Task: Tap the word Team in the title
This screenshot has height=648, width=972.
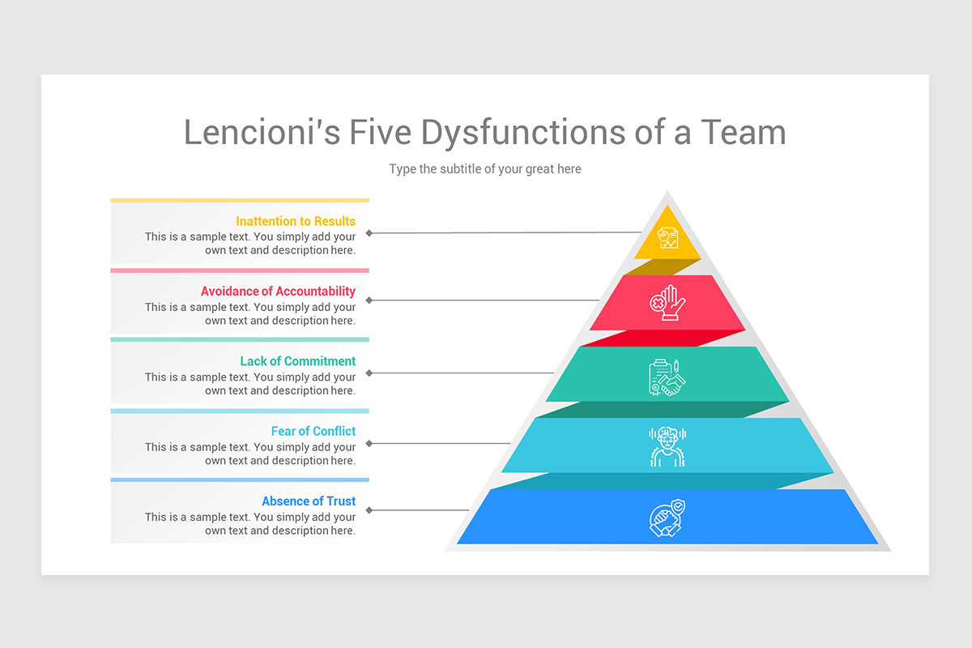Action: click(744, 132)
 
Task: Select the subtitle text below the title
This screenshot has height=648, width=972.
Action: click(485, 168)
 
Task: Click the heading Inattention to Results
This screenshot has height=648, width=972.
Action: click(296, 221)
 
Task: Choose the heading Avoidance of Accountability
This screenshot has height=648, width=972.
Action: click(278, 292)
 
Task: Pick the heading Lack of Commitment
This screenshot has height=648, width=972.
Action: click(298, 361)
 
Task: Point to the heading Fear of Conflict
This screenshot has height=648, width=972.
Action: click(313, 431)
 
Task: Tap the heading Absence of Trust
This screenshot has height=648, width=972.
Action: click(309, 501)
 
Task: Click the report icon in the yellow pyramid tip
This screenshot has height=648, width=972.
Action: click(667, 238)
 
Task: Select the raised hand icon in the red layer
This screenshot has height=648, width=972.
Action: click(667, 303)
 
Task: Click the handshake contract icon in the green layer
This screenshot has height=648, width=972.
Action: click(667, 377)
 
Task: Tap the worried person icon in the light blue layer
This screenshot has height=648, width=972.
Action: click(667, 446)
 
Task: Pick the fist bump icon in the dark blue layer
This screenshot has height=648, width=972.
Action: click(667, 518)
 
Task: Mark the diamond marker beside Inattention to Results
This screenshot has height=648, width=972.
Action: click(369, 233)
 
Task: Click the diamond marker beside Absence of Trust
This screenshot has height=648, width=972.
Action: click(369, 510)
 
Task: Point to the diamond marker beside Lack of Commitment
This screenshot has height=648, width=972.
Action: click(369, 373)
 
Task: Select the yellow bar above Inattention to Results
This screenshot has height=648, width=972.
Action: click(240, 201)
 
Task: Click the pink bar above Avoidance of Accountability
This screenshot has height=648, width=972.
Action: click(240, 271)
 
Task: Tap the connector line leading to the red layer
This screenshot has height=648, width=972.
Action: click(484, 301)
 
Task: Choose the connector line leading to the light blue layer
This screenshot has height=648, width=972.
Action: click(440, 444)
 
